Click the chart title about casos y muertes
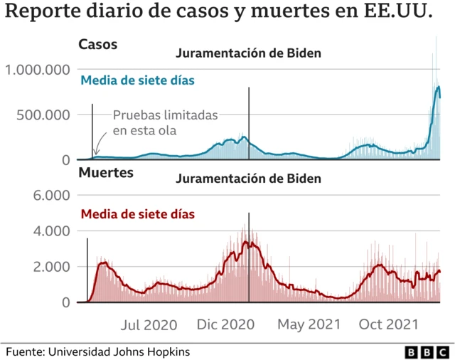coord(220,14)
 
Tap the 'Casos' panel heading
coord(97,44)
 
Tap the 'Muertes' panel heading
coord(103,172)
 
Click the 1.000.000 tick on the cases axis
coord(37,70)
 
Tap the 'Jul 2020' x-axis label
coord(148,325)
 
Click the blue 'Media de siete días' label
coord(138,80)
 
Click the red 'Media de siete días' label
coord(138,213)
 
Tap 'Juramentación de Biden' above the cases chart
coord(248,53)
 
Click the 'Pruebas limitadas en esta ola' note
coord(164,122)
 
